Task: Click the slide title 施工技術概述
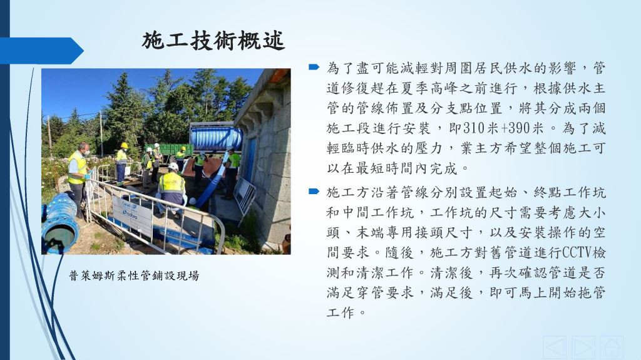(213, 41)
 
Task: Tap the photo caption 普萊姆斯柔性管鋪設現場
(134, 275)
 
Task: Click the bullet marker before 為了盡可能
(314, 67)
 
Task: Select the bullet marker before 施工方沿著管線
(314, 191)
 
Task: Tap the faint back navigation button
(555, 348)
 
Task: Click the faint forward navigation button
(583, 348)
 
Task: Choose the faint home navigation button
(612, 348)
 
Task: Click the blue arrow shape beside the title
(41, 51)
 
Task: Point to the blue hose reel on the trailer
(216, 138)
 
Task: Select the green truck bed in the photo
(169, 149)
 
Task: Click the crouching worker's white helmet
(173, 167)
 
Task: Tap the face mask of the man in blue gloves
(86, 153)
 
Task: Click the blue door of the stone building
(250, 160)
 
